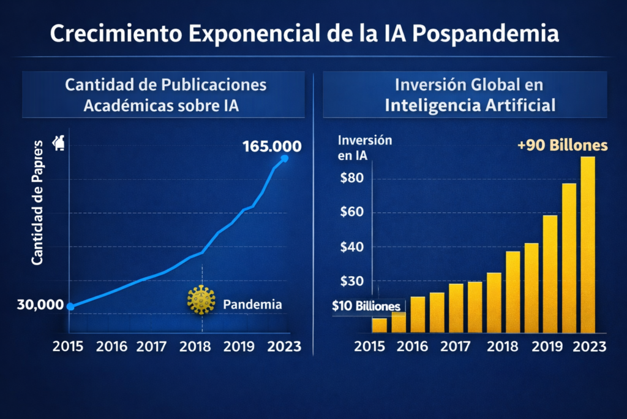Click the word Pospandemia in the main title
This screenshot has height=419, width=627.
486,34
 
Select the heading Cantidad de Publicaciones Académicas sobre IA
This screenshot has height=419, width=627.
165,94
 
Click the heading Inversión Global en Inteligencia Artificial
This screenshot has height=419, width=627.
470,94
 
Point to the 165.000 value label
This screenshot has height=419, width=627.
271,147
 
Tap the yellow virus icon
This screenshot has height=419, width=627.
201,300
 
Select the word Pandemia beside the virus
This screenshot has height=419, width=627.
252,304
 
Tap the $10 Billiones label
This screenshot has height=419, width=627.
366,306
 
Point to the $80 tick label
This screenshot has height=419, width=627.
352,179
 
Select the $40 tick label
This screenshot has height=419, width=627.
352,247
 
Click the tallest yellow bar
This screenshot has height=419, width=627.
587,245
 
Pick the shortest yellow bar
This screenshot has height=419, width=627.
380,325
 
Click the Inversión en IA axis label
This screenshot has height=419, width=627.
364,148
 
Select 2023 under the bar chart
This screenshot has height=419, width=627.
585,346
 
